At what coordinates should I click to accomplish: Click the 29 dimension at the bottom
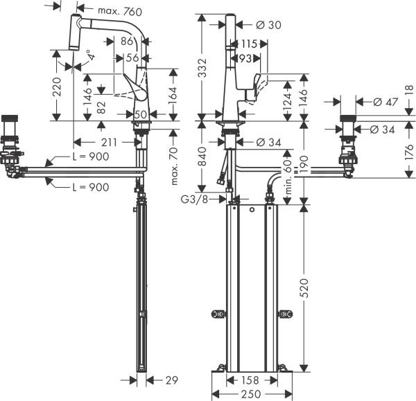pos(172,380)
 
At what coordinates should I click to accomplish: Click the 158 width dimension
pos(250,380)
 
